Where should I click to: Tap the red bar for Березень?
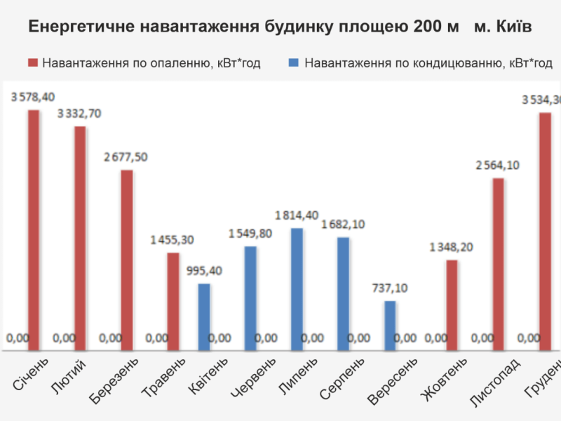[x=126, y=258]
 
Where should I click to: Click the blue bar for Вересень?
[x=390, y=323]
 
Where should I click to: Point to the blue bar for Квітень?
[x=203, y=315]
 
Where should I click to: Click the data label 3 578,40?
[x=33, y=98]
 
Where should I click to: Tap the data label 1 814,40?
[x=297, y=215]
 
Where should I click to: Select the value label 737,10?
[x=391, y=288]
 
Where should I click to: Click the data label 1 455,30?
[x=172, y=240]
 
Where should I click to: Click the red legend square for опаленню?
[x=33, y=63]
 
